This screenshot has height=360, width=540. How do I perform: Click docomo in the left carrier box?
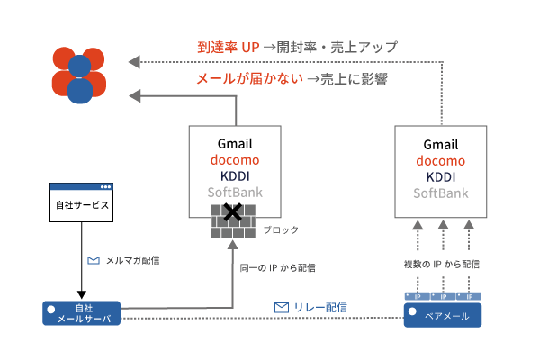coord(234,160)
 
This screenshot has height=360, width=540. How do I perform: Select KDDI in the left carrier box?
coord(234,176)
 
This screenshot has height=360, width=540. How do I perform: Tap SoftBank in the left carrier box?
coord(234,193)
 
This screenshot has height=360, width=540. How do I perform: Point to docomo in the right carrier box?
coord(441,161)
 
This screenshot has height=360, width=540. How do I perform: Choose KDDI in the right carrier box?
coord(441,177)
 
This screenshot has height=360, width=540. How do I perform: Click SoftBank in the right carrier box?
coord(441,193)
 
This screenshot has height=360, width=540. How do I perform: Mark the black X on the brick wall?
coord(233,213)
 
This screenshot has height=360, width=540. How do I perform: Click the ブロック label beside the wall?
coord(281,230)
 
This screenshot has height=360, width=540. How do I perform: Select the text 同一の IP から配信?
coord(277,268)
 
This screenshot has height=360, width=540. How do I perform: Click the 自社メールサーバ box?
coord(82,312)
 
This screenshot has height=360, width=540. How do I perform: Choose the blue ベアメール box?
coord(442,315)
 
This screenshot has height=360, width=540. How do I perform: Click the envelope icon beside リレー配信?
coord(282,308)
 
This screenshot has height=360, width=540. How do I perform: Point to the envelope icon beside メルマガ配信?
coord(93,261)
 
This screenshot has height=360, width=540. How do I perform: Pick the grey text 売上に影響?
coord(354,79)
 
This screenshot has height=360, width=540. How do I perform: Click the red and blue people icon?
coord(79,74)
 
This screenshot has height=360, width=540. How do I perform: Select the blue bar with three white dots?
coord(81,187)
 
